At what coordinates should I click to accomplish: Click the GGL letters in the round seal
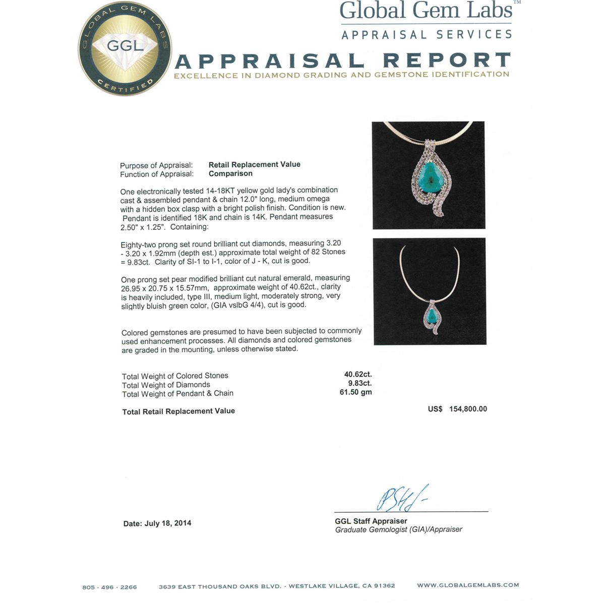[x=125, y=46]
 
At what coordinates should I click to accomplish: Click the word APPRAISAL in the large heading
[x=269, y=61]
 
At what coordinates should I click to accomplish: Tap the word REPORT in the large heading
[x=447, y=60]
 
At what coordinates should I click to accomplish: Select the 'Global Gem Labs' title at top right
[x=427, y=11]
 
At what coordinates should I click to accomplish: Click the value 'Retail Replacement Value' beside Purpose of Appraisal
[x=254, y=164]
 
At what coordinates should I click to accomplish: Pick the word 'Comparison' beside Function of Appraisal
[x=230, y=173]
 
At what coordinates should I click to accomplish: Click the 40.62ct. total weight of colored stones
[x=358, y=374]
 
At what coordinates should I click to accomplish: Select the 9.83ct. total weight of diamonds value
[x=359, y=383]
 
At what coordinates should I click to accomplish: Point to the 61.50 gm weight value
[x=356, y=392]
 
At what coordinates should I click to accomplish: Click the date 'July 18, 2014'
[x=168, y=523]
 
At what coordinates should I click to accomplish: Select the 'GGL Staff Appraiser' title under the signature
[x=371, y=521]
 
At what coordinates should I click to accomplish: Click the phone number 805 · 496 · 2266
[x=109, y=587]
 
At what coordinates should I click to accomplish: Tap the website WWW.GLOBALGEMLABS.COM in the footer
[x=468, y=585]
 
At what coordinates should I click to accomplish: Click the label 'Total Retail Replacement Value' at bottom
[x=178, y=411]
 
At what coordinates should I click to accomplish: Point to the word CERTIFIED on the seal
[x=125, y=85]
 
